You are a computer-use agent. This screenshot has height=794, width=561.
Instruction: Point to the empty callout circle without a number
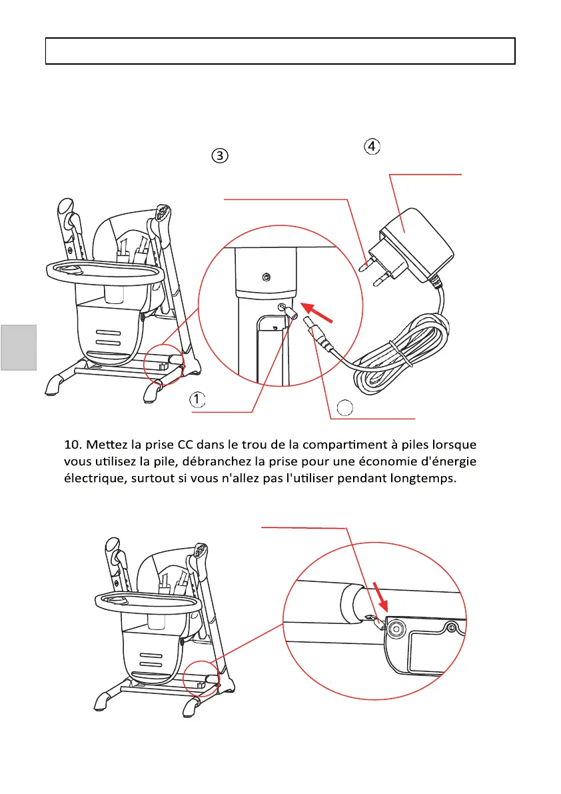[x=343, y=407]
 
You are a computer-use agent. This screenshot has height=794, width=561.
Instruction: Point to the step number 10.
[x=73, y=444]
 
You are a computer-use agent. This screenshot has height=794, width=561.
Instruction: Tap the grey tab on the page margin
[x=17, y=347]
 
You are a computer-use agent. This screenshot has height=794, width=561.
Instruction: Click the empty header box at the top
[x=280, y=51]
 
